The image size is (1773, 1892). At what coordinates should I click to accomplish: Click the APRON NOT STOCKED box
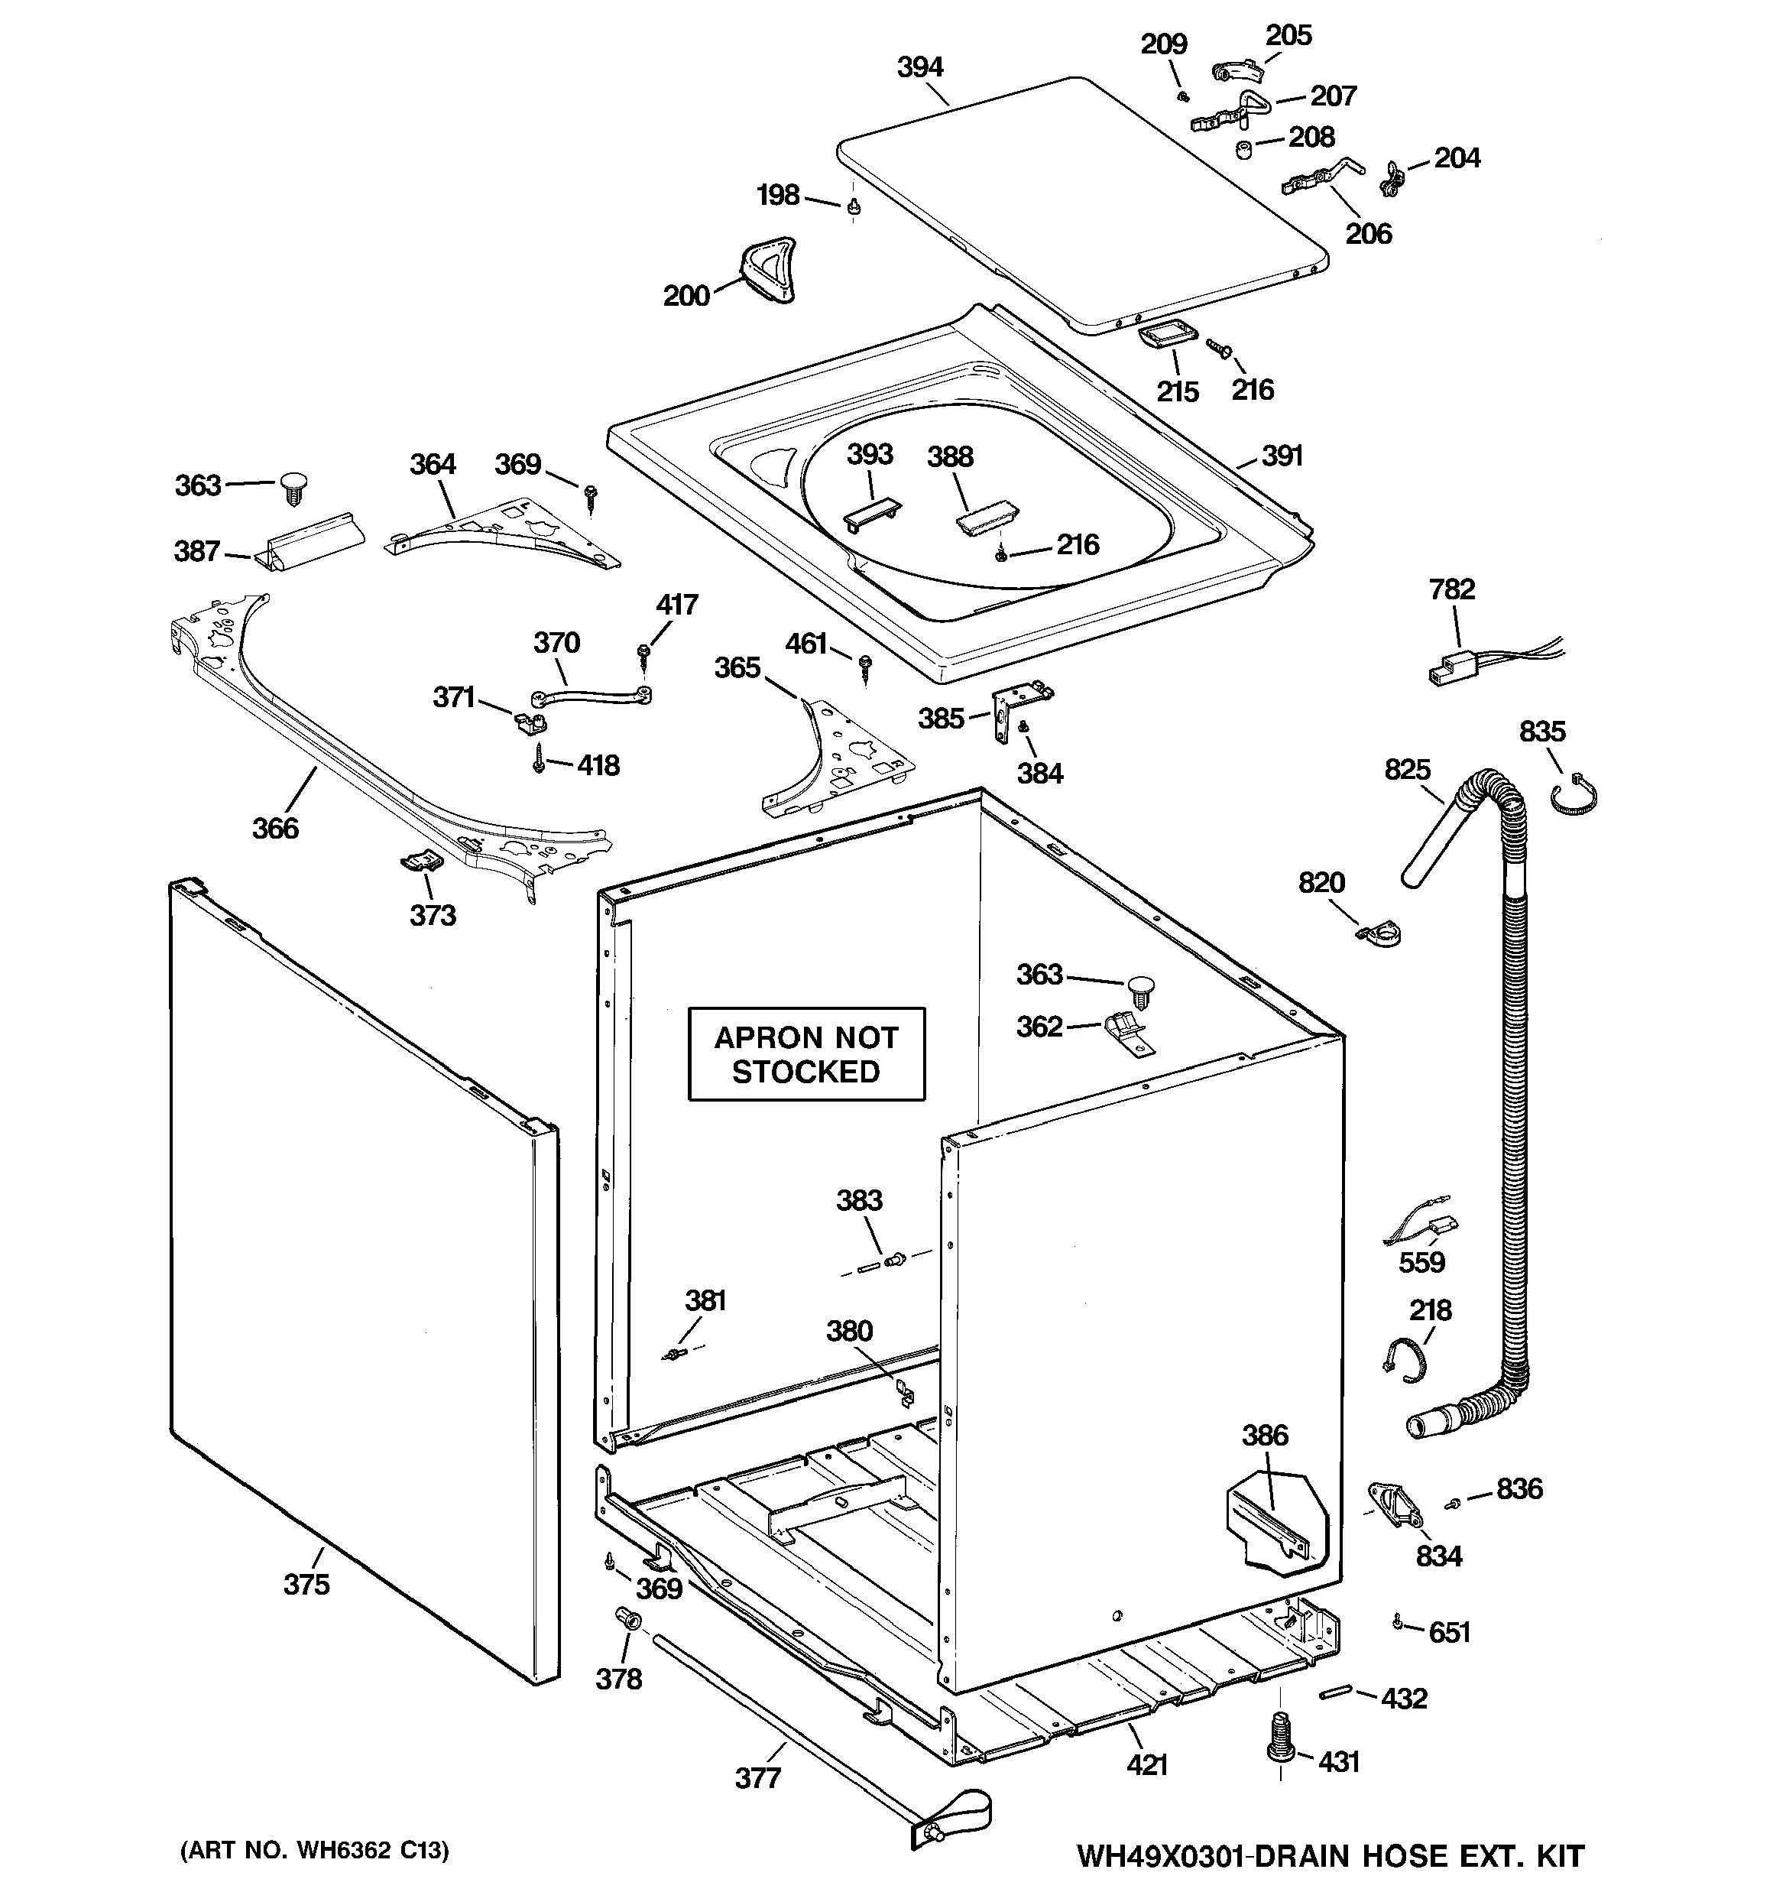coord(806,1053)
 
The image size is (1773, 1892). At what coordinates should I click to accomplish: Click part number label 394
coord(919,67)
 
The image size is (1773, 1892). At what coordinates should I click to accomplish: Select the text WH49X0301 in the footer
coord(1162,1856)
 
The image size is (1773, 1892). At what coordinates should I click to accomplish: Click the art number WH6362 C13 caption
coord(314,1850)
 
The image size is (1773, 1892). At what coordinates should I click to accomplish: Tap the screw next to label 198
coord(854,206)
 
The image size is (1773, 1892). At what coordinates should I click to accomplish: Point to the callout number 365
coord(737,668)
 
